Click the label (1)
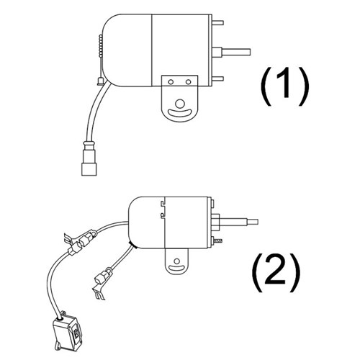(x=284, y=86)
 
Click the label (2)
(x=276, y=272)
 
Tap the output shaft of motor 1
(x=236, y=52)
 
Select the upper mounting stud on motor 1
(x=217, y=23)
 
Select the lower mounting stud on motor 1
(x=217, y=78)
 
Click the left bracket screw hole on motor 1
(x=171, y=82)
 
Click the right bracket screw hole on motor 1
(x=189, y=82)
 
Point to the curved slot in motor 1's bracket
(x=180, y=113)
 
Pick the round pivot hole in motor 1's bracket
(x=180, y=104)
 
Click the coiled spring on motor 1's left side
(x=101, y=46)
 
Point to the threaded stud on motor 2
(x=218, y=240)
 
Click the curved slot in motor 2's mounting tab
(x=176, y=268)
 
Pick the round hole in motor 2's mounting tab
(x=177, y=261)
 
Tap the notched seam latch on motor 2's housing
(x=163, y=208)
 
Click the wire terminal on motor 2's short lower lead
(x=103, y=279)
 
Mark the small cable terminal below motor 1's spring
(x=100, y=81)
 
